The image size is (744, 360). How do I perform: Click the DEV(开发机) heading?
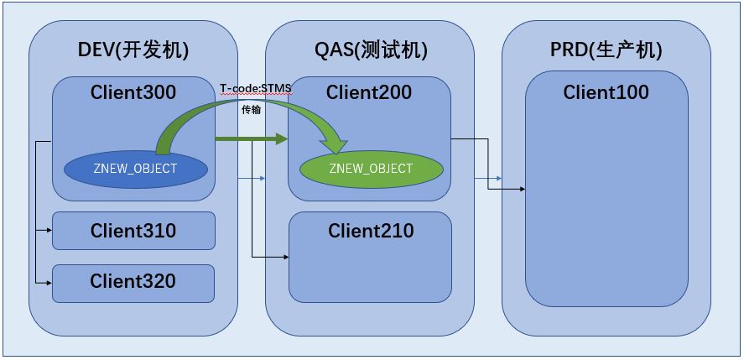click(x=133, y=50)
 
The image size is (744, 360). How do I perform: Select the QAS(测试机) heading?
click(x=370, y=50)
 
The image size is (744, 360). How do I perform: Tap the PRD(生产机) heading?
click(x=606, y=50)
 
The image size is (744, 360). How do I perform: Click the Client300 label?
click(x=133, y=92)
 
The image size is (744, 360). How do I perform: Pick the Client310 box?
click(x=133, y=231)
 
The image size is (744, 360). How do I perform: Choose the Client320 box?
click(x=133, y=282)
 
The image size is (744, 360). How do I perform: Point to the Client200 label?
click(x=369, y=92)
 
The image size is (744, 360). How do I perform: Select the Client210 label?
click(x=371, y=230)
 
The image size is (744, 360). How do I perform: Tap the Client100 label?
click(x=606, y=92)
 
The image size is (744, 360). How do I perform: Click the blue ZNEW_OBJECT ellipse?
click(x=135, y=169)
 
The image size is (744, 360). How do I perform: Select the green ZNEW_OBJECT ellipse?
click(x=371, y=169)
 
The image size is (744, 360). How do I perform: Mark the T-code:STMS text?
click(x=255, y=89)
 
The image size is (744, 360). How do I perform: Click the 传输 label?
click(x=252, y=110)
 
